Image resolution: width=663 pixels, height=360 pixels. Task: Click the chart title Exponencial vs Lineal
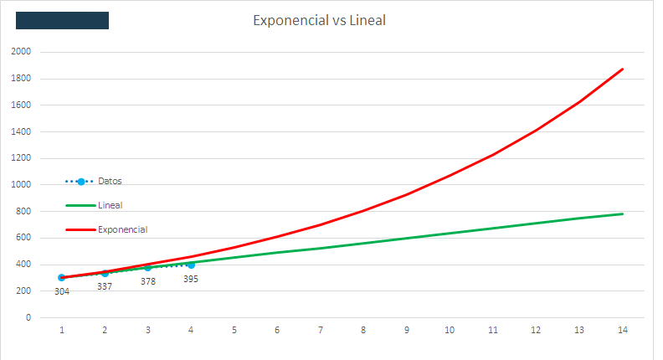tap(319, 20)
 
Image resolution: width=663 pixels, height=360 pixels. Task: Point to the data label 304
tap(62, 291)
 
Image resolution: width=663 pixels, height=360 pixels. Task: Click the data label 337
tap(105, 286)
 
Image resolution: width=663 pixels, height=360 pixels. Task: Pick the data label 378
tap(147, 281)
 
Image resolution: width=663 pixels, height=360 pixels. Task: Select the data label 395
tap(190, 279)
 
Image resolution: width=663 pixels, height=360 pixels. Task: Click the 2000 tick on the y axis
tap(22, 52)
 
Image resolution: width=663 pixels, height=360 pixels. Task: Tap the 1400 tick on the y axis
tap(22, 131)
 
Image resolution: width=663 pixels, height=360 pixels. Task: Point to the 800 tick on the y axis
tap(23, 211)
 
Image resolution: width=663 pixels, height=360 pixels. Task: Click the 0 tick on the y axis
tap(28, 317)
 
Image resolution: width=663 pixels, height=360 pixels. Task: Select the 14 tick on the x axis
tap(622, 330)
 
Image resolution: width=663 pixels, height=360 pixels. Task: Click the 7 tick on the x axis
tap(320, 330)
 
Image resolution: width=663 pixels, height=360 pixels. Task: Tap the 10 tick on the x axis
tap(450, 330)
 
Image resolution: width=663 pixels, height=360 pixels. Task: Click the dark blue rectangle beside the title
tap(63, 20)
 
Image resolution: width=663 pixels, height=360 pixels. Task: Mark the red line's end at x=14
tap(622, 69)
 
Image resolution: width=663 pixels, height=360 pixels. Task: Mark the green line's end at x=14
tap(622, 213)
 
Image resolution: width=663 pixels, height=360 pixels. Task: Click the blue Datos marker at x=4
tap(191, 265)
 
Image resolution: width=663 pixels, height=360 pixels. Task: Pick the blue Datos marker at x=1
tap(62, 277)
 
